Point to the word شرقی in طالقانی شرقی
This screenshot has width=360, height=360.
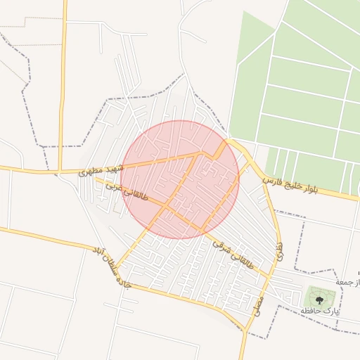pyautogui.click(x=221, y=246)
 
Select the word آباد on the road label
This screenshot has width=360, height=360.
pyautogui.click(x=99, y=252)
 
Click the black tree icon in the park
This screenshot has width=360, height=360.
pyautogui.click(x=319, y=297)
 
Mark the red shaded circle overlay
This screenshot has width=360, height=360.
pyautogui.click(x=180, y=179)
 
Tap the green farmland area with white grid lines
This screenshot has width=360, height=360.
pyautogui.click(x=302, y=84)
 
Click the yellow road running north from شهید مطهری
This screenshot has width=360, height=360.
pyautogui.click(x=63, y=84)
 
